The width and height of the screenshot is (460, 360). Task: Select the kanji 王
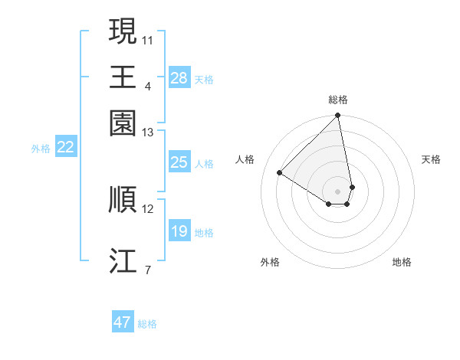(123, 77)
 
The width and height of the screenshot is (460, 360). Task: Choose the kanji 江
(123, 260)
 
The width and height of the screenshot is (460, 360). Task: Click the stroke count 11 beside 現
(148, 38)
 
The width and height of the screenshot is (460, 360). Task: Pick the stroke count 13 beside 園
(148, 133)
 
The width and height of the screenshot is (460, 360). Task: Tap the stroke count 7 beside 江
(147, 270)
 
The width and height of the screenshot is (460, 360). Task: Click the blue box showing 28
(179, 78)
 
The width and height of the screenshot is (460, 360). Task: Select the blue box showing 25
(179, 162)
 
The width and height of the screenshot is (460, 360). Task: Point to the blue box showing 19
(179, 231)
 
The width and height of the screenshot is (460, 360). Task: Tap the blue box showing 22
(65, 148)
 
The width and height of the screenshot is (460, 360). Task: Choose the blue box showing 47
(123, 322)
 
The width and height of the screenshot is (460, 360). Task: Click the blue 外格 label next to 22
(40, 149)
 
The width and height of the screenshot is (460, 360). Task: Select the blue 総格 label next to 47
(147, 324)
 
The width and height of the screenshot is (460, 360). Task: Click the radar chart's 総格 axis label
(338, 100)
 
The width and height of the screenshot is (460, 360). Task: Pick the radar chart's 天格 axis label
(431, 159)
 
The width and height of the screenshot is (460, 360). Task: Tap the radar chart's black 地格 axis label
(402, 262)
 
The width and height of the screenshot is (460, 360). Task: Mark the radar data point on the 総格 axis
(338, 116)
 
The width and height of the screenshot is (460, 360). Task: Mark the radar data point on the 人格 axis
(280, 173)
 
